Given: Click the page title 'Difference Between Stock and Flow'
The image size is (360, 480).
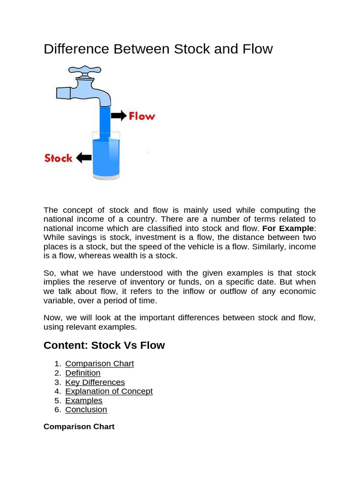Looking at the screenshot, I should click(x=158, y=49).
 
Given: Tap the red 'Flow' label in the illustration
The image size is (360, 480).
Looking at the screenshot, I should click(x=142, y=116).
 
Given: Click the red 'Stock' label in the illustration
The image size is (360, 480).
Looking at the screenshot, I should click(x=59, y=158).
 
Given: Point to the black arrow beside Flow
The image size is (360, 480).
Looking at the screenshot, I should click(x=119, y=115).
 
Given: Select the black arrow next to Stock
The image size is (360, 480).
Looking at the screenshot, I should click(x=84, y=157).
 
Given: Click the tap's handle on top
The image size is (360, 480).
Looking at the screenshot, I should click(x=85, y=70).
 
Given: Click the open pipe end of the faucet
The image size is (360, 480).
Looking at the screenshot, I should click(x=63, y=92).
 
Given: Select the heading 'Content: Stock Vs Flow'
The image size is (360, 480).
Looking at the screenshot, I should click(x=104, y=345).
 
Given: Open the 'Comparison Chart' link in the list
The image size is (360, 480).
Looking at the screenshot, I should click(x=99, y=364).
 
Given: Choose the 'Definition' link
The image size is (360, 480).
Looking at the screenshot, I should click(x=83, y=373).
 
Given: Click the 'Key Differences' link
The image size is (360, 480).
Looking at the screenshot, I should click(x=95, y=382).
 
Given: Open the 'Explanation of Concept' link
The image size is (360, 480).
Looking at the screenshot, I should click(x=109, y=391).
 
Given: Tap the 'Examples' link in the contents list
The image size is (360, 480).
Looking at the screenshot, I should click(x=84, y=400).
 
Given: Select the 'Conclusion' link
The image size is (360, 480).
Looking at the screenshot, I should click(x=86, y=410).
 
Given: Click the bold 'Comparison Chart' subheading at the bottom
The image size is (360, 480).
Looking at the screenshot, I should click(x=79, y=427).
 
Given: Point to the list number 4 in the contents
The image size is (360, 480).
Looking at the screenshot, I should click(x=57, y=391).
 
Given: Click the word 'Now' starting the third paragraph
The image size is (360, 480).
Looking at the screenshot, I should click(x=52, y=318).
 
